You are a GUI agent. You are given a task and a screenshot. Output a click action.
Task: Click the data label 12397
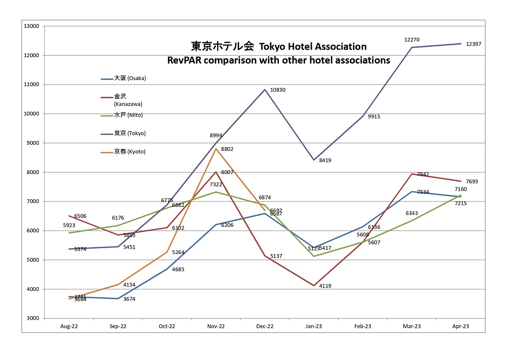point(473,44)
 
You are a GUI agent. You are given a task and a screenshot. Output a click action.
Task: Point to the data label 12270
point(412,39)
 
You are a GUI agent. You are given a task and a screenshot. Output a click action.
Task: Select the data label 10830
point(278,90)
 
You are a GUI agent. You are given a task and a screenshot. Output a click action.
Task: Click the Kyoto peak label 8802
point(228,149)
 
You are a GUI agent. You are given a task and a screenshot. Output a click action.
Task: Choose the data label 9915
point(374,117)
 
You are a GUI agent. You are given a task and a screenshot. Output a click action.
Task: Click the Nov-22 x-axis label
point(216,326)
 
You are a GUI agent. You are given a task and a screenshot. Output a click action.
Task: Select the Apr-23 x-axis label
point(460,326)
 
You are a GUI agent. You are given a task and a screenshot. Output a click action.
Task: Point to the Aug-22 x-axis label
point(69,326)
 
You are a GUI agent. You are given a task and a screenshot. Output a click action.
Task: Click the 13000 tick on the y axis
point(31,26)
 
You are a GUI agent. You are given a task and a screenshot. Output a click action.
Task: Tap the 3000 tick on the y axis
point(32,318)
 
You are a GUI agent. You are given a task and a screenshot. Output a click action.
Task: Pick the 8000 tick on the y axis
point(32,172)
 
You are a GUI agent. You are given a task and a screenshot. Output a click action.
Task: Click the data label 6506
point(81,216)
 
